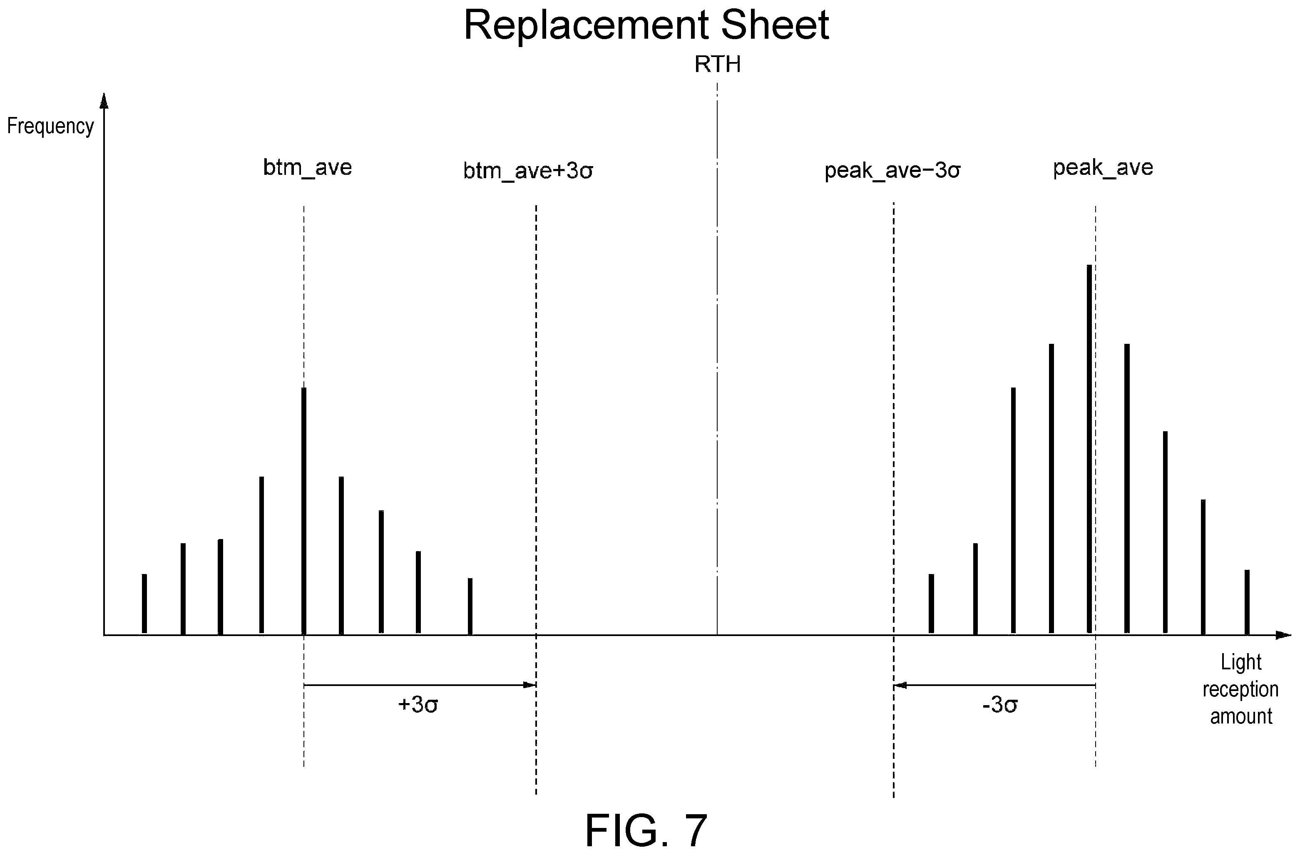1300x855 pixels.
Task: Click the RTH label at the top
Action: coord(717,65)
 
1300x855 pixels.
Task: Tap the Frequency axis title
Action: coord(50,126)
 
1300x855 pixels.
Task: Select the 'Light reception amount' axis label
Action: coord(1241,689)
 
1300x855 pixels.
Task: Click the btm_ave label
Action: coord(308,168)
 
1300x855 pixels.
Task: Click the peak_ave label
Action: coord(1103,168)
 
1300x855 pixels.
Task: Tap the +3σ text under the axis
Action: coord(418,705)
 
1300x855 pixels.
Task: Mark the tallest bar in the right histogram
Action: coord(1089,449)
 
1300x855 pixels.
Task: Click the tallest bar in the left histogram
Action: coord(304,511)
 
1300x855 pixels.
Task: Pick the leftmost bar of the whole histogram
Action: coord(144,604)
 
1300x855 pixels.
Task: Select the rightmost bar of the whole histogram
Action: coord(1247,601)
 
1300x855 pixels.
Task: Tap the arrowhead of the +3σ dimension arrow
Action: coord(530,685)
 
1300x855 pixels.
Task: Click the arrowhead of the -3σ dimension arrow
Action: coord(900,685)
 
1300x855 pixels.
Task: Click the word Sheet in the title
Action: coord(775,25)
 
